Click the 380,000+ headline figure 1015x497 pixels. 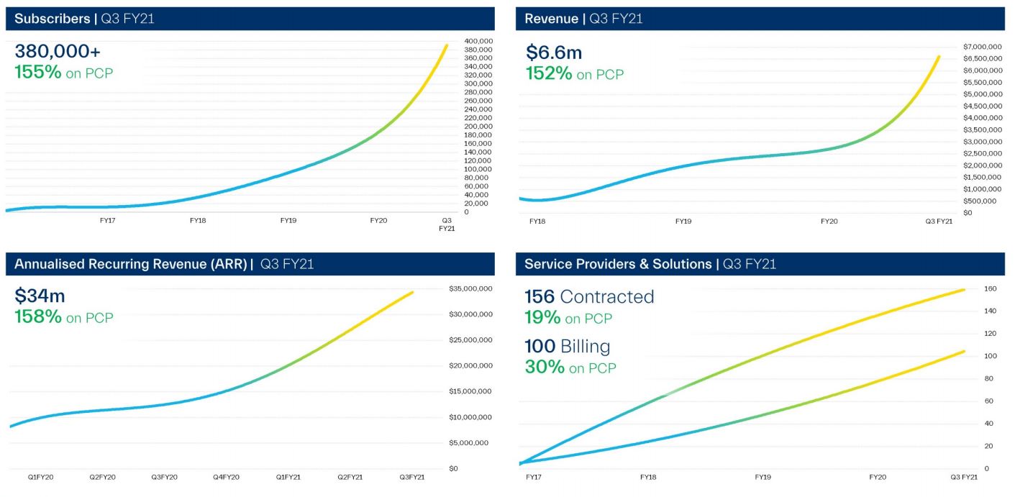tap(58, 51)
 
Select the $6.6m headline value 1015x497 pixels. tap(553, 52)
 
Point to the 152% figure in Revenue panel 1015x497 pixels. tap(549, 73)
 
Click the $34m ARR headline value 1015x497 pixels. tap(40, 295)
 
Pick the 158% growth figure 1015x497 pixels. tap(38, 316)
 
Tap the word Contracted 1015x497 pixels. tap(607, 296)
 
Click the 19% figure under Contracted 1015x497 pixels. tap(542, 317)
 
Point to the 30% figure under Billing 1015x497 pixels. tap(544, 367)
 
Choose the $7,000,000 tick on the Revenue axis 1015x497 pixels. tap(982, 47)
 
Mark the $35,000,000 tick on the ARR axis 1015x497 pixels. tap(470, 289)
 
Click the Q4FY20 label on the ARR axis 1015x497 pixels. tap(225, 477)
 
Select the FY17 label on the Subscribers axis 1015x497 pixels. tap(107, 220)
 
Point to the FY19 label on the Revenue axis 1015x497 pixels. tap(683, 222)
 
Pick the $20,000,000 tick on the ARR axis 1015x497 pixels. tap(470, 366)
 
